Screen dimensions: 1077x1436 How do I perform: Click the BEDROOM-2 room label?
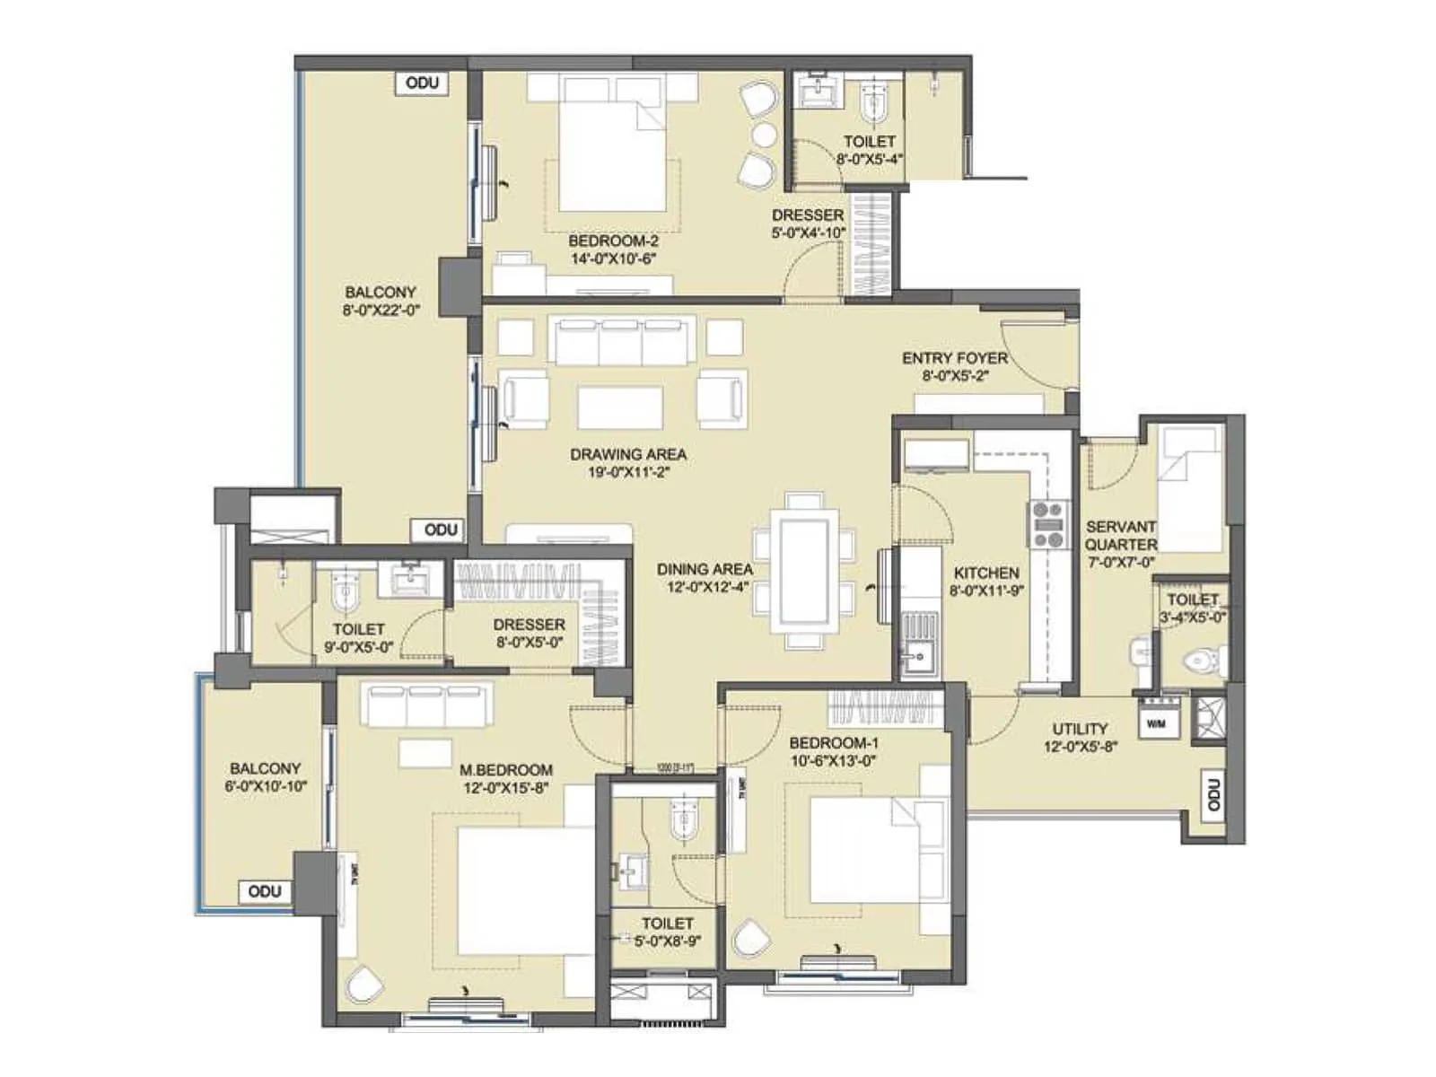pyautogui.click(x=613, y=241)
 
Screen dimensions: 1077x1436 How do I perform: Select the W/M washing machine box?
pyautogui.click(x=1157, y=722)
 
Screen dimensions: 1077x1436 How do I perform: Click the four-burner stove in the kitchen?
pyautogui.click(x=1047, y=525)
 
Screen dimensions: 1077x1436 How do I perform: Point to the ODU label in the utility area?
pyautogui.click(x=1213, y=795)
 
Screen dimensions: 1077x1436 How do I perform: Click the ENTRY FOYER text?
pyautogui.click(x=954, y=358)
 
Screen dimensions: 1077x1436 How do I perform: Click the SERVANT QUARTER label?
pyautogui.click(x=1120, y=536)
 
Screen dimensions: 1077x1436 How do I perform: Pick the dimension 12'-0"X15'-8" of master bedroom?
pyautogui.click(x=505, y=789)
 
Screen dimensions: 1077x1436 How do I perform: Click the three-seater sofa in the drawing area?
pyautogui.click(x=622, y=341)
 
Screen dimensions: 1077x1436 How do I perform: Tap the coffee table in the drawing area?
pyautogui.click(x=620, y=407)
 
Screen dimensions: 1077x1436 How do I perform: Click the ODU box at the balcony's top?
pyautogui.click(x=422, y=83)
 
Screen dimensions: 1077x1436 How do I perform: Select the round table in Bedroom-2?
pyautogui.click(x=764, y=136)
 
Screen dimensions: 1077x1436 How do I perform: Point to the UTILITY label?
pyautogui.click(x=1080, y=729)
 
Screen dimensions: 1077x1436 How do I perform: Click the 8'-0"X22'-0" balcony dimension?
pyautogui.click(x=381, y=311)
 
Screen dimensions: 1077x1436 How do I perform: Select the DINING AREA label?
pyautogui.click(x=705, y=569)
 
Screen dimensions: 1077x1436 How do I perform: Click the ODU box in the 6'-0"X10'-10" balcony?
pyautogui.click(x=265, y=891)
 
